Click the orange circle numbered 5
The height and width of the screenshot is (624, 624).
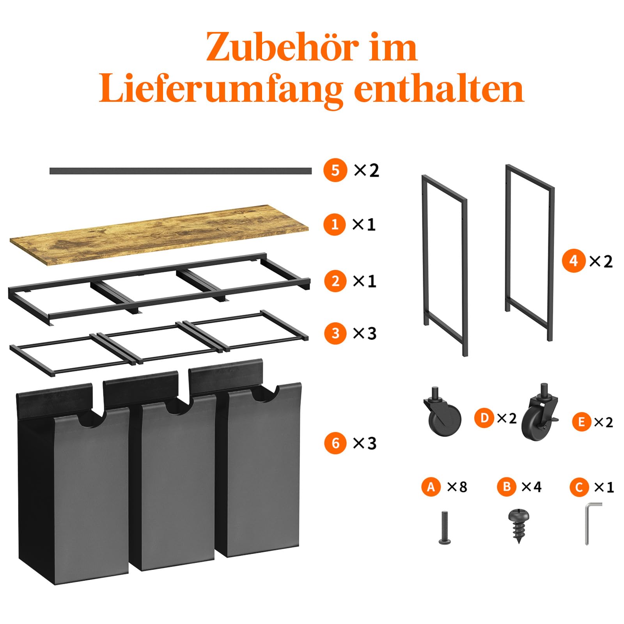(x=335, y=170)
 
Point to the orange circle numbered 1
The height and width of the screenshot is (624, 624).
(x=335, y=224)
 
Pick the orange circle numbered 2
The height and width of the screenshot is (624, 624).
(x=335, y=281)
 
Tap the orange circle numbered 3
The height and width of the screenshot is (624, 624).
(x=335, y=333)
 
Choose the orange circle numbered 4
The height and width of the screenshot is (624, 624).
(x=574, y=261)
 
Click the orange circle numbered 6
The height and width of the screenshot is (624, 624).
(x=336, y=443)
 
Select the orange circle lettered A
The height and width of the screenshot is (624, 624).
(x=431, y=487)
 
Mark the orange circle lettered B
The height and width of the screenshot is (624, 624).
(x=507, y=487)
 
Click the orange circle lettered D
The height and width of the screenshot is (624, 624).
(x=484, y=418)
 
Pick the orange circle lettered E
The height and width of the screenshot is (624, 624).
(x=582, y=422)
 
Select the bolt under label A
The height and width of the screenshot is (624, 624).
(x=445, y=528)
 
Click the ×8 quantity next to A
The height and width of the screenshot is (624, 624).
(x=457, y=487)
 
